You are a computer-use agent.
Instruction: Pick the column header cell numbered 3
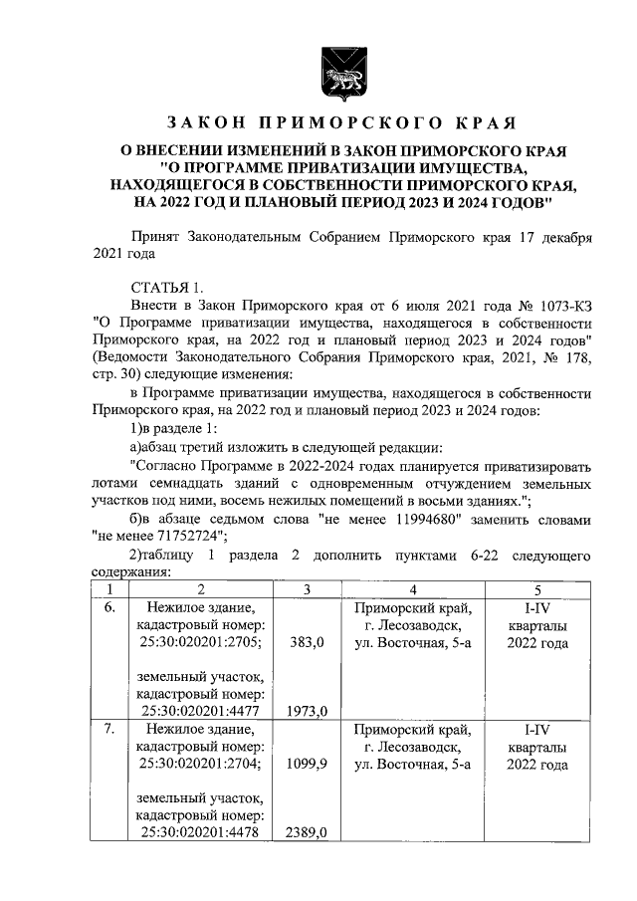click(x=307, y=588)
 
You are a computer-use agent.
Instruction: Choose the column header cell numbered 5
click(x=537, y=588)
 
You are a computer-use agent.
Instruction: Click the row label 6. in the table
click(x=111, y=606)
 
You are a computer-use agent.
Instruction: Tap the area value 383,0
click(x=307, y=644)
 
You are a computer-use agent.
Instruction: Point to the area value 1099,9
click(x=307, y=767)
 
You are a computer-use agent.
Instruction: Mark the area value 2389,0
click(x=307, y=832)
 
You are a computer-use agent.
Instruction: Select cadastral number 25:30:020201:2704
click(x=202, y=766)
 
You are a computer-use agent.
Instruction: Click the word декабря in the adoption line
click(x=562, y=239)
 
